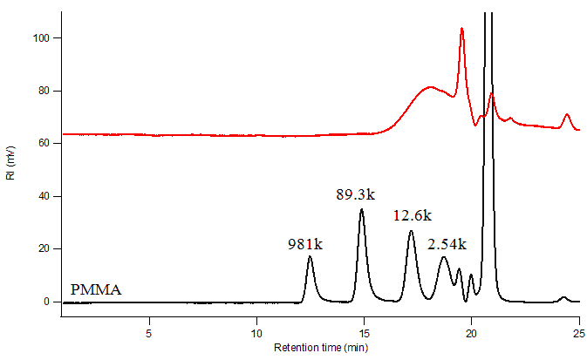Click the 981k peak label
coord(305,245)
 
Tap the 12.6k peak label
coord(411,215)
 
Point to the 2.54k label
coord(447,243)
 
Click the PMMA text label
coord(96,289)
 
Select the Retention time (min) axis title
coord(321,348)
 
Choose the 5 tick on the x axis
coord(149,332)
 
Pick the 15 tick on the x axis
coord(365,332)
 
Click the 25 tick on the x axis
coord(579,332)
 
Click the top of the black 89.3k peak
coord(361,209)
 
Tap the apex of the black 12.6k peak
coord(412,231)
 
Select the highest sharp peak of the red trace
coord(461,29)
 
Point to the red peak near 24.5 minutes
coord(567,114)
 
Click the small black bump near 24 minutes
coord(563,297)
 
